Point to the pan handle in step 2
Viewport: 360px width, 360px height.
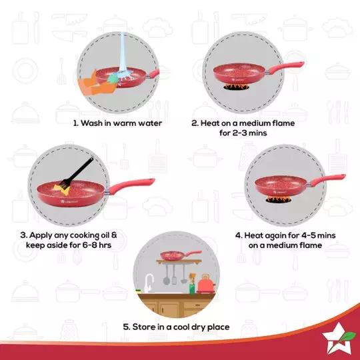point(283,66)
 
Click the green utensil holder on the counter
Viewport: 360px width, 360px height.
point(192,287)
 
